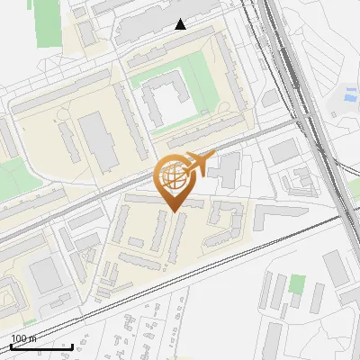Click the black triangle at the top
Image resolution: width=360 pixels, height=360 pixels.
point(181,24)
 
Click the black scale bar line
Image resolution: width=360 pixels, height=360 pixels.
point(41,346)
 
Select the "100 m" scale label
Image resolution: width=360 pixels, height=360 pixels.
point(24,338)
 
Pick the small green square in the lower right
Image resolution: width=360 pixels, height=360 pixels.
point(296,284)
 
